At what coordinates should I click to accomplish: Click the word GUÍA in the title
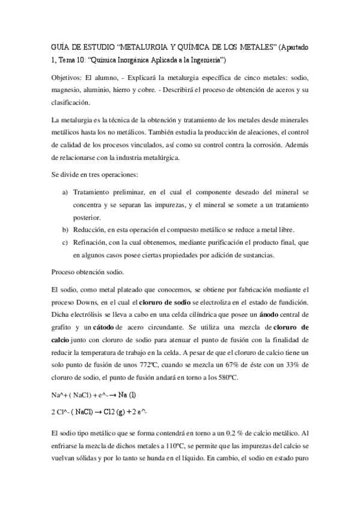pos(59,48)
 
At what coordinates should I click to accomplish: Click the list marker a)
pos(65,191)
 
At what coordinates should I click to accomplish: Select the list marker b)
pos(65,230)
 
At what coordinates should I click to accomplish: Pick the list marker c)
pos(65,242)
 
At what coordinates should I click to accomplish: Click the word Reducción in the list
pos(89,230)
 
